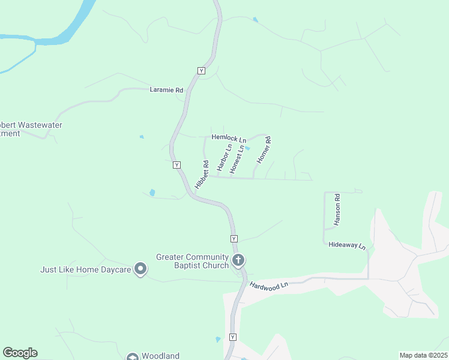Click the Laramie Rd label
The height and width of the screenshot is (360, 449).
(166, 90)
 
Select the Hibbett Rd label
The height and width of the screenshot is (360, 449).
(201, 174)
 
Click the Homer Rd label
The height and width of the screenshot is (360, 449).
(264, 151)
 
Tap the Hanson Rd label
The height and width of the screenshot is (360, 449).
(338, 209)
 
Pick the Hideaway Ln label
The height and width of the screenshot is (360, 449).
(347, 246)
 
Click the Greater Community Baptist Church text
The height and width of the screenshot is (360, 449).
(193, 261)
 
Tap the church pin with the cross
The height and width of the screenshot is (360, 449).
(238, 260)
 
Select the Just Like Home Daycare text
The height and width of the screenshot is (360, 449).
(86, 269)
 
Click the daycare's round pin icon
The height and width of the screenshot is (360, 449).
(140, 269)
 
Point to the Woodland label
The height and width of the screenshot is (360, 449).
(160, 356)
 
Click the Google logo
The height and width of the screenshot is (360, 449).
(20, 353)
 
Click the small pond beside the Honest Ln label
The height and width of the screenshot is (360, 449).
(247, 149)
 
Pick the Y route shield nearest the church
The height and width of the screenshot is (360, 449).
(234, 238)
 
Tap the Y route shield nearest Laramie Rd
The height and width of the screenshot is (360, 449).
(201, 71)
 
